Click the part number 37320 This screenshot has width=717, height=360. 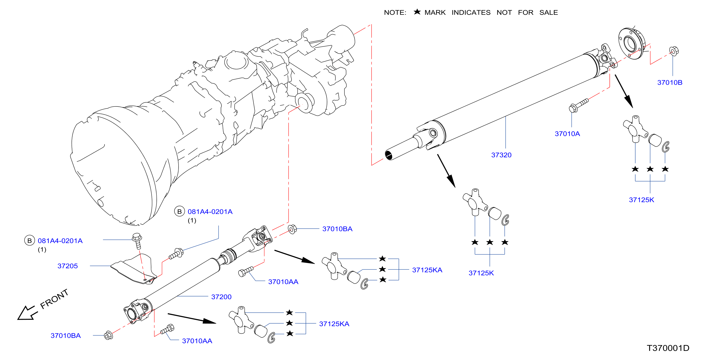point(501,155)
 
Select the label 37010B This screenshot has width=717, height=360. point(670,82)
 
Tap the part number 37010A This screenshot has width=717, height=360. point(567,134)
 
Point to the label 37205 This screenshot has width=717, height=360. point(68,266)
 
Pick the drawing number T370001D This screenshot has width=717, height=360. point(668,348)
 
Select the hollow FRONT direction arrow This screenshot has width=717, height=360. point(27,313)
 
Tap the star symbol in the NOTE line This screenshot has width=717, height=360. point(417,12)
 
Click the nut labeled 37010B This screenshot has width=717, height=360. point(674,51)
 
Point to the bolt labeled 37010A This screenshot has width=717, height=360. point(578,105)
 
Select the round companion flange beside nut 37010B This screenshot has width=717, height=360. point(631,43)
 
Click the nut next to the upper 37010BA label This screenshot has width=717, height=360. point(292,229)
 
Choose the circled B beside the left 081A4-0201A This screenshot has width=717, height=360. point(30,241)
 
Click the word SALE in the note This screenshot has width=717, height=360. point(549,13)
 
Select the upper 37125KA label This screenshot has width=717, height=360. point(427,270)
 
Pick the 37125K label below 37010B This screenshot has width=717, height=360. point(641,200)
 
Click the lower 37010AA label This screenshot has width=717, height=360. point(197,341)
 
